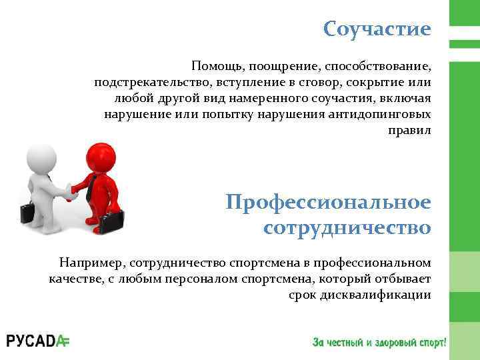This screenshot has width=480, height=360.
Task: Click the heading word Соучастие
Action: [x=377, y=29]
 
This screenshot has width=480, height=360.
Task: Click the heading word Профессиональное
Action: [x=328, y=201]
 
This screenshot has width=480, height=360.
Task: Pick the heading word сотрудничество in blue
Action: [x=347, y=228]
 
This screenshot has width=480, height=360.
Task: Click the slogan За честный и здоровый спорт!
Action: [x=379, y=342]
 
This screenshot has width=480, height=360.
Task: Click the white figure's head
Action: [x=42, y=157]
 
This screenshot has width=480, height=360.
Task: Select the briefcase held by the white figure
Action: [x=28, y=213]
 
